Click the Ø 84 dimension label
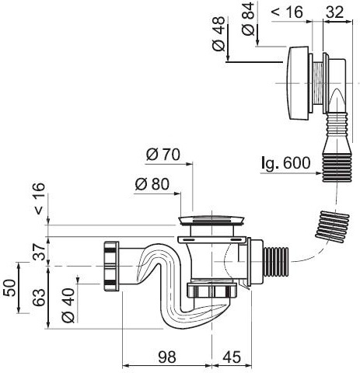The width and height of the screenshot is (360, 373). point(248,19)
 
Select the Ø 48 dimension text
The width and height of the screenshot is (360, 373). point(218,33)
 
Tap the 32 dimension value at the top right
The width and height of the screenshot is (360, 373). point(334,12)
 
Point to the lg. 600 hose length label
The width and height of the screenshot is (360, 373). point(285,163)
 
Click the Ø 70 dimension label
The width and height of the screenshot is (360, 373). point(163,155)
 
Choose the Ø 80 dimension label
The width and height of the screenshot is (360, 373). point(152,184)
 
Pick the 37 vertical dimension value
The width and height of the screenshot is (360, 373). point(39,252)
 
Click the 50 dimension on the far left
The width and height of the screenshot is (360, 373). point(9,288)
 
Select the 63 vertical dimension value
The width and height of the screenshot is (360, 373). point(39,298)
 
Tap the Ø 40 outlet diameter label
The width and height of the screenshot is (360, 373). point(68,305)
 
